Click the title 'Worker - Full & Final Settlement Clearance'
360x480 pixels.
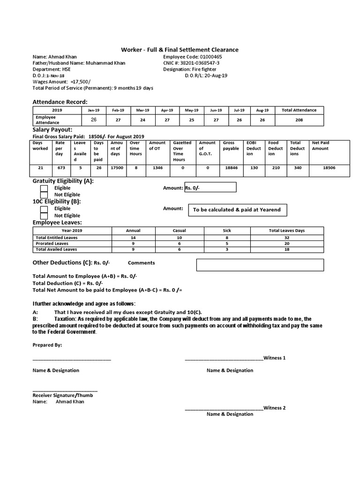180,50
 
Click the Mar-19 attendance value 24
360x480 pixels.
142,120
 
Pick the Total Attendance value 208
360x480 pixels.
299,120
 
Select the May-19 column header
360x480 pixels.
191,110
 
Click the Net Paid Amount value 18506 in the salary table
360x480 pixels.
330,167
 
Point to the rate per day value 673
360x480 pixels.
60,167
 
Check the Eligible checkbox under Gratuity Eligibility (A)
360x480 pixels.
44,188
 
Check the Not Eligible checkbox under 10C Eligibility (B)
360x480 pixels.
44,216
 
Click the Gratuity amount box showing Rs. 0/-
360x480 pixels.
210,187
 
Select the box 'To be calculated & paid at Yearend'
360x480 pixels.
237,210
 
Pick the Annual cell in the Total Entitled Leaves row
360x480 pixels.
133,238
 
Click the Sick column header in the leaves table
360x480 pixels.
226,231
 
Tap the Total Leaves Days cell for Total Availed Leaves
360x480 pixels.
287,250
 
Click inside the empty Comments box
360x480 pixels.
260,265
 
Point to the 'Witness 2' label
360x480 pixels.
274,408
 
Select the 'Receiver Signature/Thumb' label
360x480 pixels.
62,395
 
